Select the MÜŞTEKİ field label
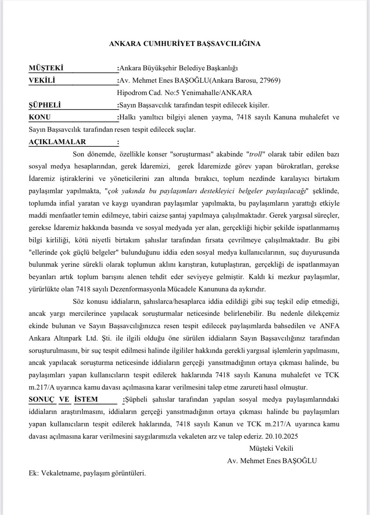pos(46,68)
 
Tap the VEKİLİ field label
pos(42,80)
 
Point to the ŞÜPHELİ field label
pos(45,105)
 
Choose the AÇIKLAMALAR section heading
pos(57,142)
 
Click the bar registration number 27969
pos(269,80)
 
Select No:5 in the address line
pos(172,93)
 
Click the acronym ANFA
pos(329,326)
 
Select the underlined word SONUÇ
pos(42,399)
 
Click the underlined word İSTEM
pos(86,399)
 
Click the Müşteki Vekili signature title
pos(271,448)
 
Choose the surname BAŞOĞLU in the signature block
pos(299,461)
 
